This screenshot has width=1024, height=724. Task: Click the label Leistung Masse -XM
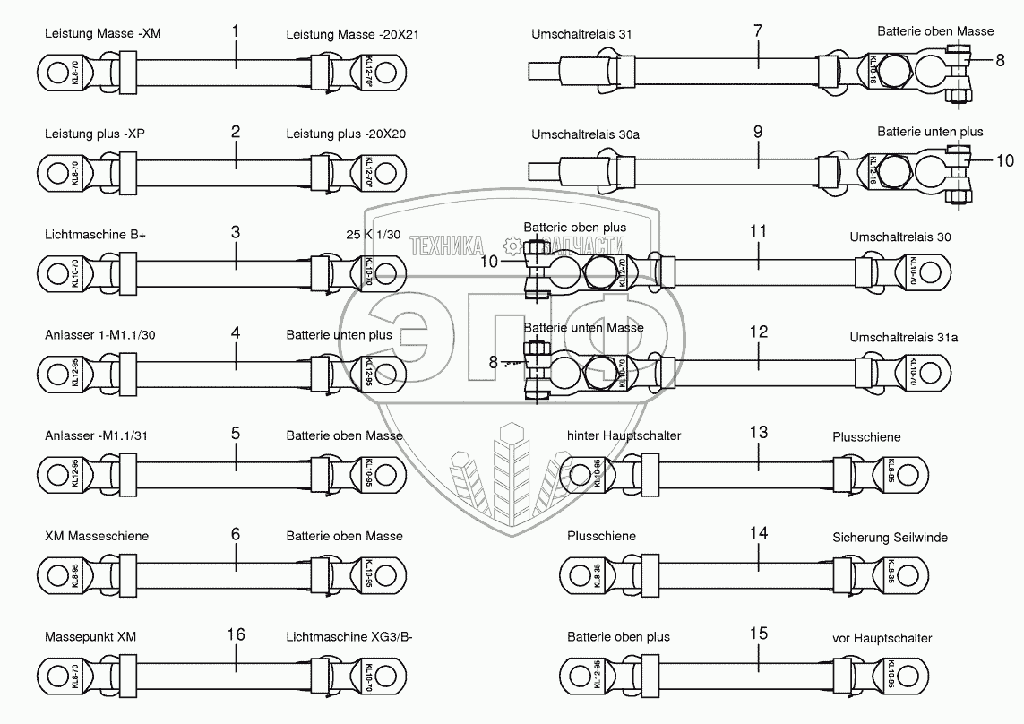tap(103, 34)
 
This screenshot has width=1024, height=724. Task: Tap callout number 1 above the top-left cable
tap(236, 31)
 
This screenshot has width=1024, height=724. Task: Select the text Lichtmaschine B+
tap(95, 235)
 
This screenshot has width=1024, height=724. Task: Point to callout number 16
tap(236, 634)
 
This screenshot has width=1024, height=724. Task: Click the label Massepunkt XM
tap(90, 637)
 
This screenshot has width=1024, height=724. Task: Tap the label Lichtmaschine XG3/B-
tap(349, 637)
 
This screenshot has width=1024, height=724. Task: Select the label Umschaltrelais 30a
tap(586, 134)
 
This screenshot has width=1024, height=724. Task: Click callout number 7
tap(758, 31)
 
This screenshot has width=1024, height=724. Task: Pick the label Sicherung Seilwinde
tap(889, 538)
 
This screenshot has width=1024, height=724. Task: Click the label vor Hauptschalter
tap(882, 638)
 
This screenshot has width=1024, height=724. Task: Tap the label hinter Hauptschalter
tap(624, 435)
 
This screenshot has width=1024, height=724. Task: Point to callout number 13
tap(758, 433)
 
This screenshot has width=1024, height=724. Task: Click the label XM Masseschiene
tap(97, 536)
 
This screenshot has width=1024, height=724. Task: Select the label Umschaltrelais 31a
tap(903, 337)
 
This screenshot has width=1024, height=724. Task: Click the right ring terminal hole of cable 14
tap(912, 572)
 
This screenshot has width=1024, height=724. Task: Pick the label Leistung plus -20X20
tap(346, 134)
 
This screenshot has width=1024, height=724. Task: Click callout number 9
tap(758, 131)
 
